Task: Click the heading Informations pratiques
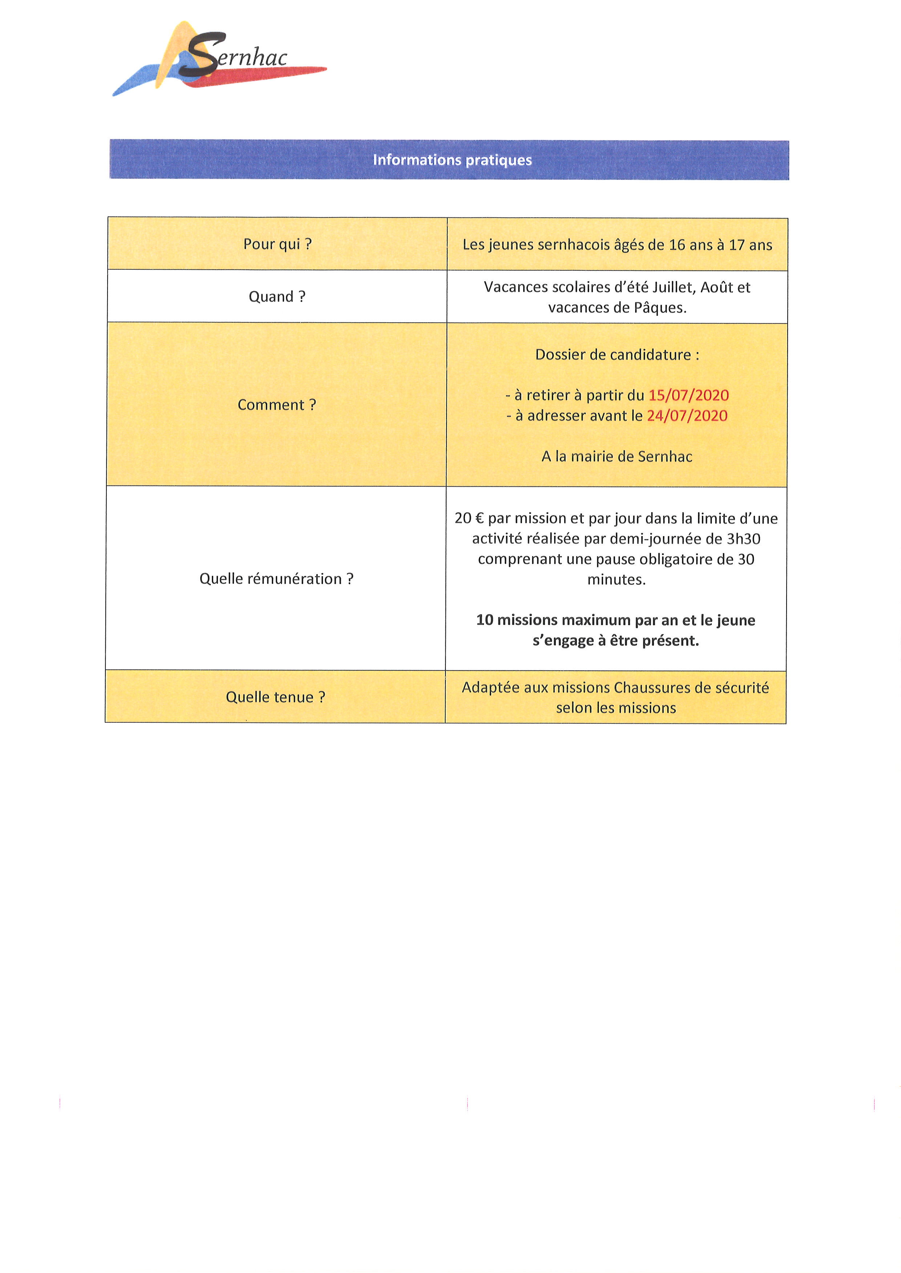452,160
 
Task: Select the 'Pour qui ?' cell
278,244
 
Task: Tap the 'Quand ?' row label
277,297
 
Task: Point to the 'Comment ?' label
277,405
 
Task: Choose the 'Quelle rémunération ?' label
276,579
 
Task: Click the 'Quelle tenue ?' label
275,697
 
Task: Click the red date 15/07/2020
688,395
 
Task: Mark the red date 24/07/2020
687,416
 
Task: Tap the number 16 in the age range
677,245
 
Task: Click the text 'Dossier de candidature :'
617,355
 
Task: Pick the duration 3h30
743,539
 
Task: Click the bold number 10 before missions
484,620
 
